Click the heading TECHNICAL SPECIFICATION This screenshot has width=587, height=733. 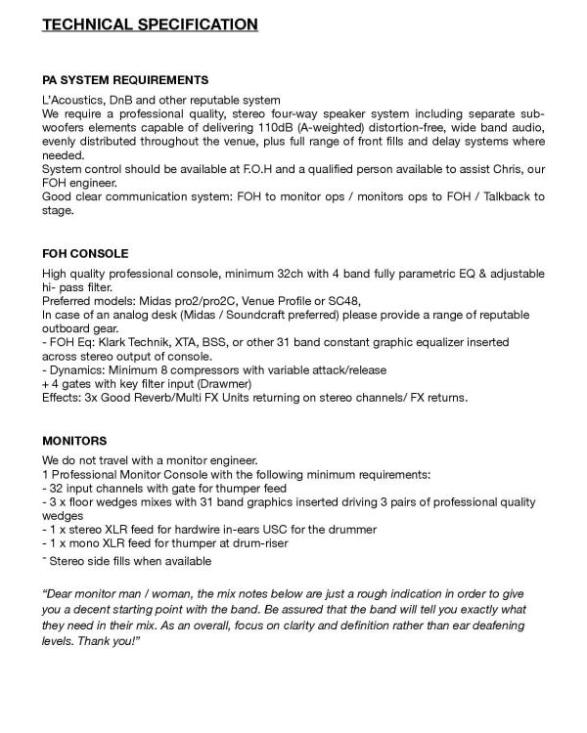pos(150,24)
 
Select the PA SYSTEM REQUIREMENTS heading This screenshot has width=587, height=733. pos(125,79)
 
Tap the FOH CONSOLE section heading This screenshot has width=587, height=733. pos(85,254)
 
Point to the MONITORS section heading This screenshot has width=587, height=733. pos(74,441)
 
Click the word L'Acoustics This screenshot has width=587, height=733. pos(72,101)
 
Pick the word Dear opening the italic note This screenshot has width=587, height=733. pos(62,593)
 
